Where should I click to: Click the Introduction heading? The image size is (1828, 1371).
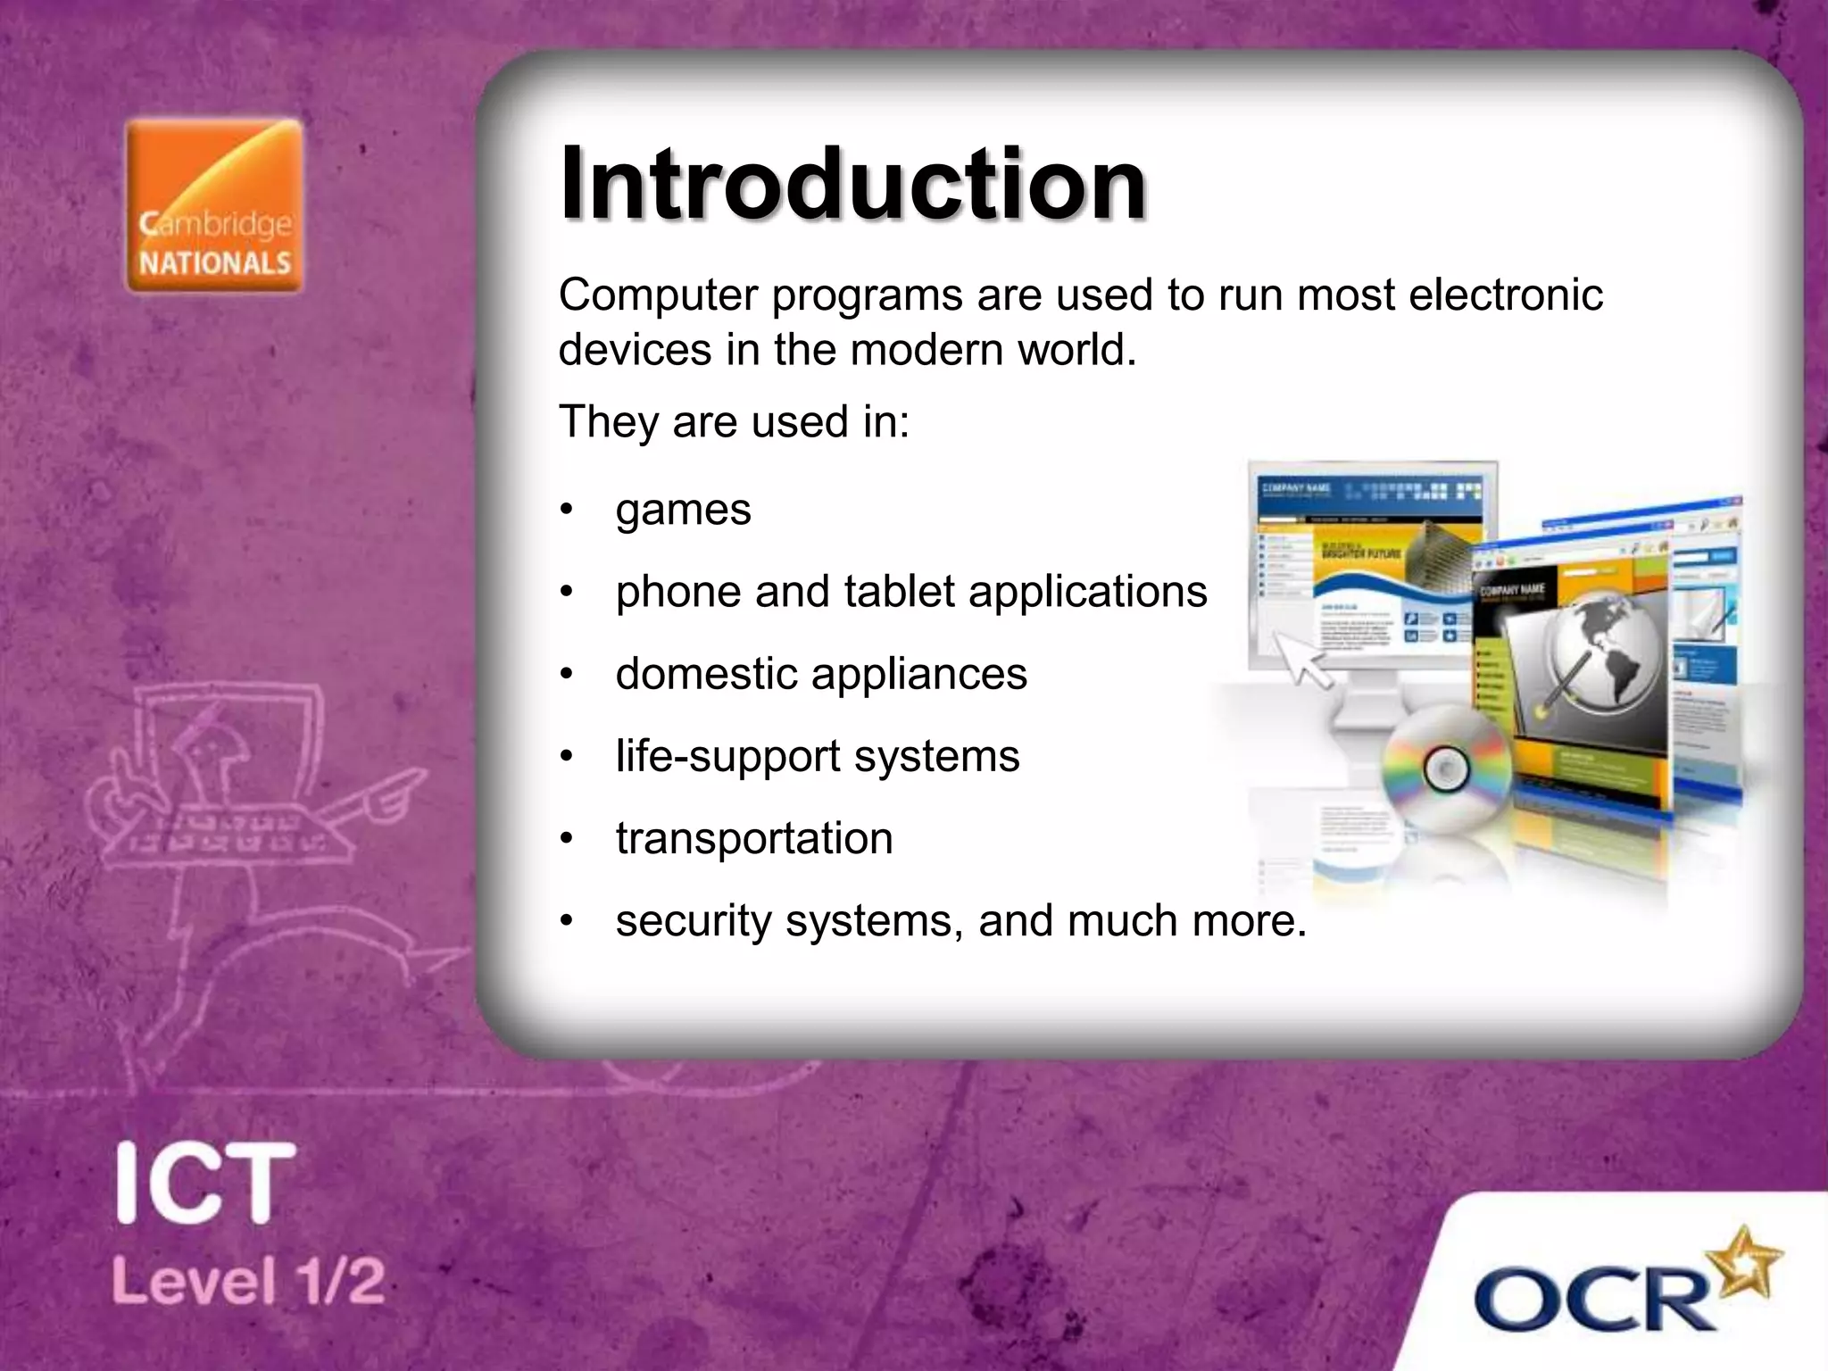852,184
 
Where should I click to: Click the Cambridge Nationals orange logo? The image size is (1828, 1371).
214,206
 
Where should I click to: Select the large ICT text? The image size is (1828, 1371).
205,1184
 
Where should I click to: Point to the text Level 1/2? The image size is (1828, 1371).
248,1281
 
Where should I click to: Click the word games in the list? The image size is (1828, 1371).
683,511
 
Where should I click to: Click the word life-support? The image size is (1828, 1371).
727,757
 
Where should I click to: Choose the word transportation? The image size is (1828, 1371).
754,839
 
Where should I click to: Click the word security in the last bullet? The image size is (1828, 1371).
693,921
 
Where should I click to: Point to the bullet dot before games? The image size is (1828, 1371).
566,511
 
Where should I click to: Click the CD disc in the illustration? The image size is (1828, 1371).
1445,769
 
